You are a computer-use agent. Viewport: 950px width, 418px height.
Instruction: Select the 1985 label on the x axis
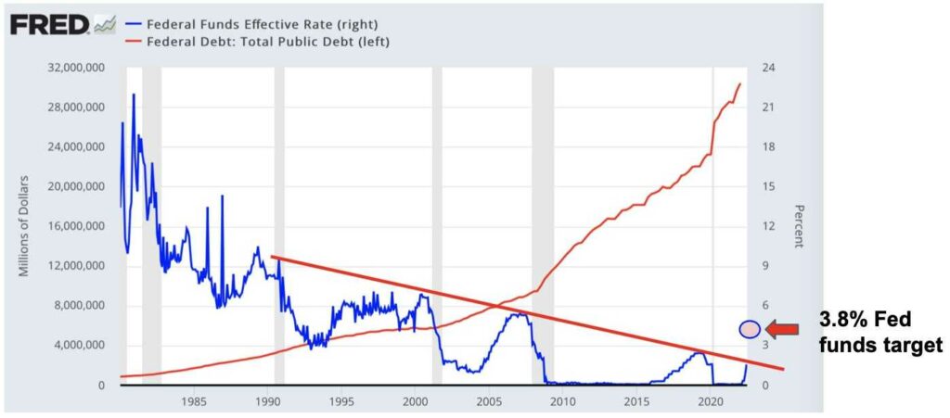pyautogui.click(x=193, y=401)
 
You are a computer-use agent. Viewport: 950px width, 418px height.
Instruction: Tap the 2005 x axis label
pyautogui.click(x=489, y=401)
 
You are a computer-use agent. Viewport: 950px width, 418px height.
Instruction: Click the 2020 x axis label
pyautogui.click(x=711, y=401)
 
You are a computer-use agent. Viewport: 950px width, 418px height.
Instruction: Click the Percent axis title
pyautogui.click(x=797, y=226)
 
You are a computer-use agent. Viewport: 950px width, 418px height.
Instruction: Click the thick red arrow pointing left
pyautogui.click(x=784, y=328)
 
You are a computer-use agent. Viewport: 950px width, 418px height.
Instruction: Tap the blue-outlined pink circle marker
pyautogui.click(x=750, y=328)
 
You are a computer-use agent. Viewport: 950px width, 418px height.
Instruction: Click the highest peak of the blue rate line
pyautogui.click(x=134, y=95)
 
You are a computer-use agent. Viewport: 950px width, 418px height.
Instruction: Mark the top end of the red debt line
pyautogui.click(x=739, y=83)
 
